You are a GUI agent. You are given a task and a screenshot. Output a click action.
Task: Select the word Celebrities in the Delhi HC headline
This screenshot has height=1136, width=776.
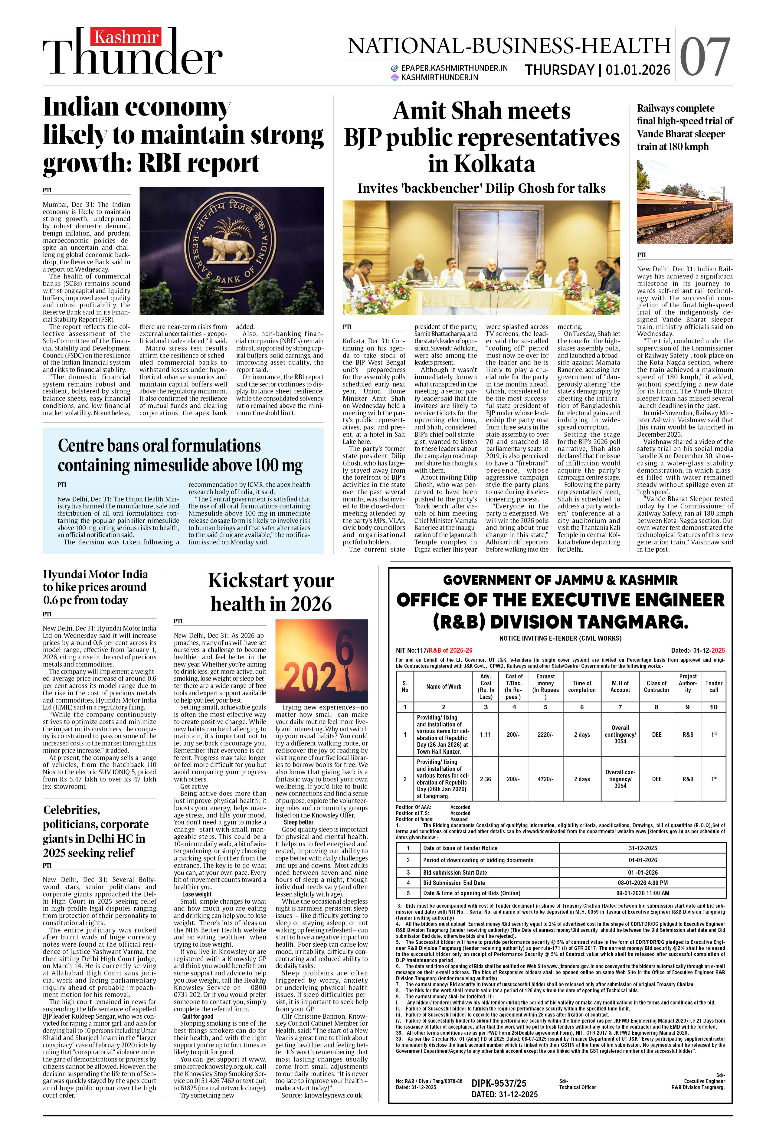pyautogui.click(x=71, y=810)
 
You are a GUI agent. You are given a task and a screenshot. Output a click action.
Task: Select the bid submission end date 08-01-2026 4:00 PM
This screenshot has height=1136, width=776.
pyautogui.click(x=642, y=883)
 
